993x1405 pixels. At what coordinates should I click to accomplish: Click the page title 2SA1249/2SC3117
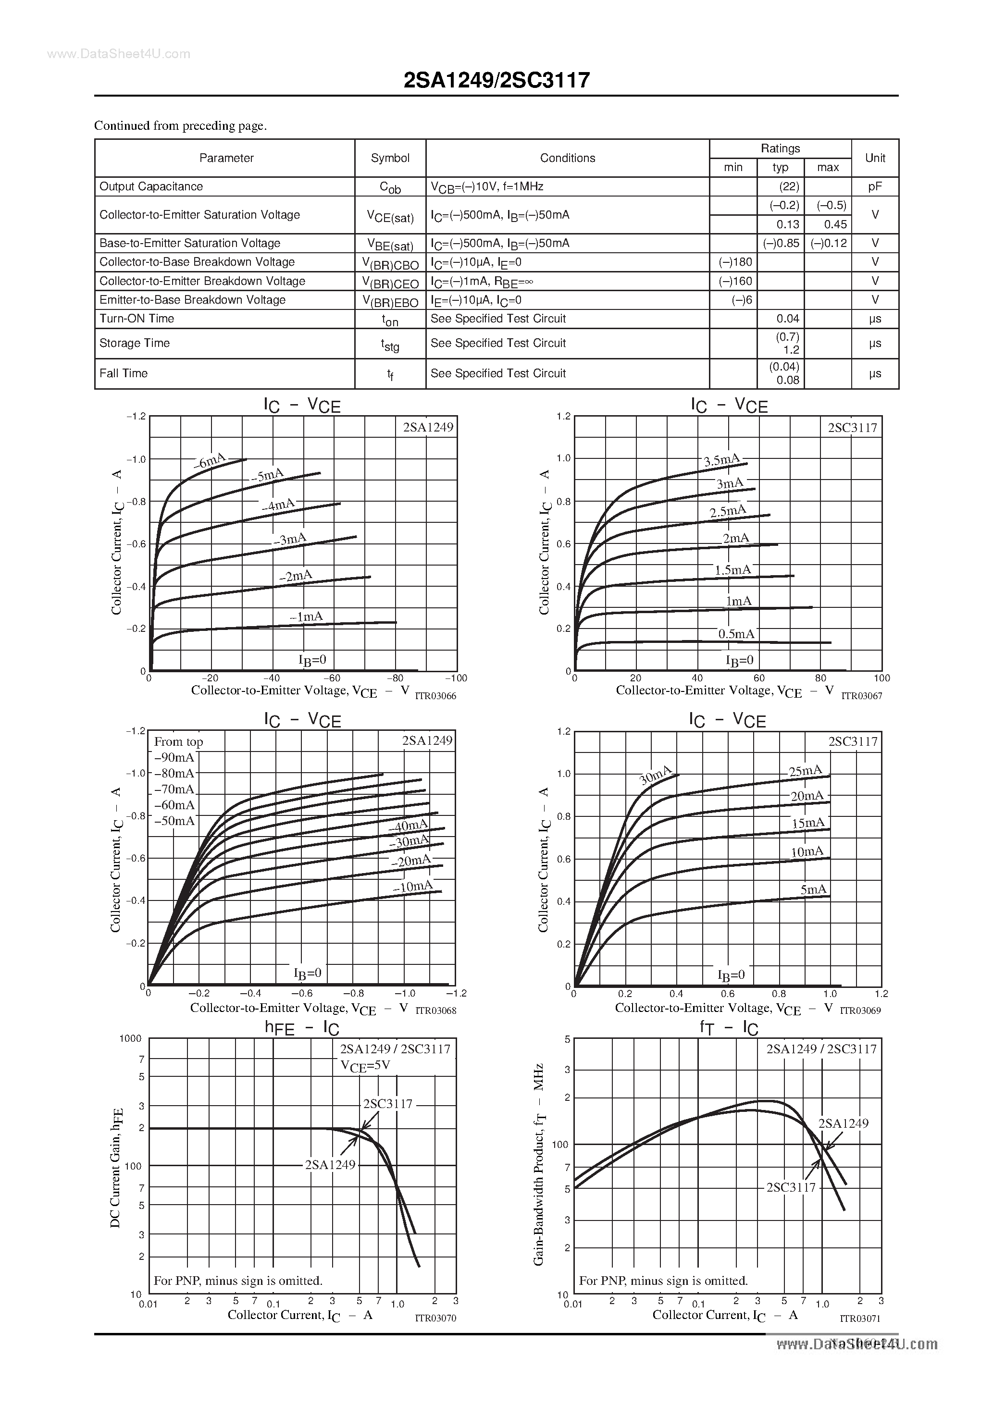pos(496,80)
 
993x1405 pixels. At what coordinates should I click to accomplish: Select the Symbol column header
pos(390,158)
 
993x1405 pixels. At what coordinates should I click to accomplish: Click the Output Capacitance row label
pos(150,186)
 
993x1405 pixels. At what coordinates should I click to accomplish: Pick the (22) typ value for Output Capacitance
pos(780,186)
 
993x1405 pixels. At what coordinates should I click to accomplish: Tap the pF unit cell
pos(875,186)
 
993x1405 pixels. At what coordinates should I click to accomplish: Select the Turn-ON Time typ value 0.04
pos(787,319)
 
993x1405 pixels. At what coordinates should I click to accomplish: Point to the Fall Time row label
pos(123,373)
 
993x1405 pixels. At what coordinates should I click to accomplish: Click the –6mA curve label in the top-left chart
pos(210,461)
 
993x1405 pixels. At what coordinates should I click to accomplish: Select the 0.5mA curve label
pos(736,634)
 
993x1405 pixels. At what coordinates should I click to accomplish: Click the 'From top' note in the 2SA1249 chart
pos(178,742)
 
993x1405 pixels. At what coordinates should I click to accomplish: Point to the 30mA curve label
pos(655,776)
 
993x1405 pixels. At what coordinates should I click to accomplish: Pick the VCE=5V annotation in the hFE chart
pos(365,1065)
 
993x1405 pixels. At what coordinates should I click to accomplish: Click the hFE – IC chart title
pos(302,1028)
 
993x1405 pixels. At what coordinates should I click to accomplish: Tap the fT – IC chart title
pos(729,1028)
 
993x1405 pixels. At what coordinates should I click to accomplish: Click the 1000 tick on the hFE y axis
pos(130,1038)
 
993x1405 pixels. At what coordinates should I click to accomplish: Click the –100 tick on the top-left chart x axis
pos(456,678)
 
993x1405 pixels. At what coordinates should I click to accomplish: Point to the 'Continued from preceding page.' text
pos(180,125)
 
